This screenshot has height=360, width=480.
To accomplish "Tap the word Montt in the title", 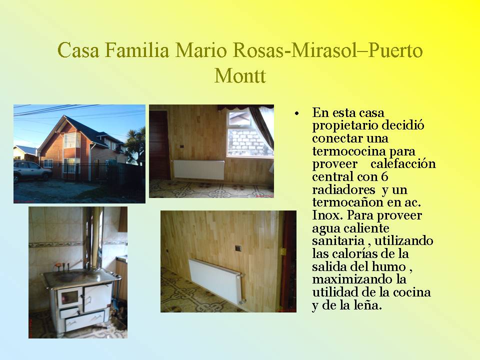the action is [240, 75].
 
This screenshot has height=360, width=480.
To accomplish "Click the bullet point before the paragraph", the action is [296, 114].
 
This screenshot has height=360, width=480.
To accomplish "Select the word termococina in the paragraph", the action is [348, 151].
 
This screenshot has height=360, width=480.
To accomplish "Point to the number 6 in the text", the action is [385, 176].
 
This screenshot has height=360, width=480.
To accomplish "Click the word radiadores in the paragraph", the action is [343, 189].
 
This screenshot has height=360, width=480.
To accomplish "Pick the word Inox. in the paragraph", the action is [327, 215].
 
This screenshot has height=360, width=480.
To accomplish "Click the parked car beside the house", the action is [32, 171].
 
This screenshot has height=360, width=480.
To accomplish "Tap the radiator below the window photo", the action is [199, 170].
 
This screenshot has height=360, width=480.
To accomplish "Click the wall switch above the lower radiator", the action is [237, 248].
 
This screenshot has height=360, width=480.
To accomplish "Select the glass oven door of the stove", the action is [69, 297].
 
